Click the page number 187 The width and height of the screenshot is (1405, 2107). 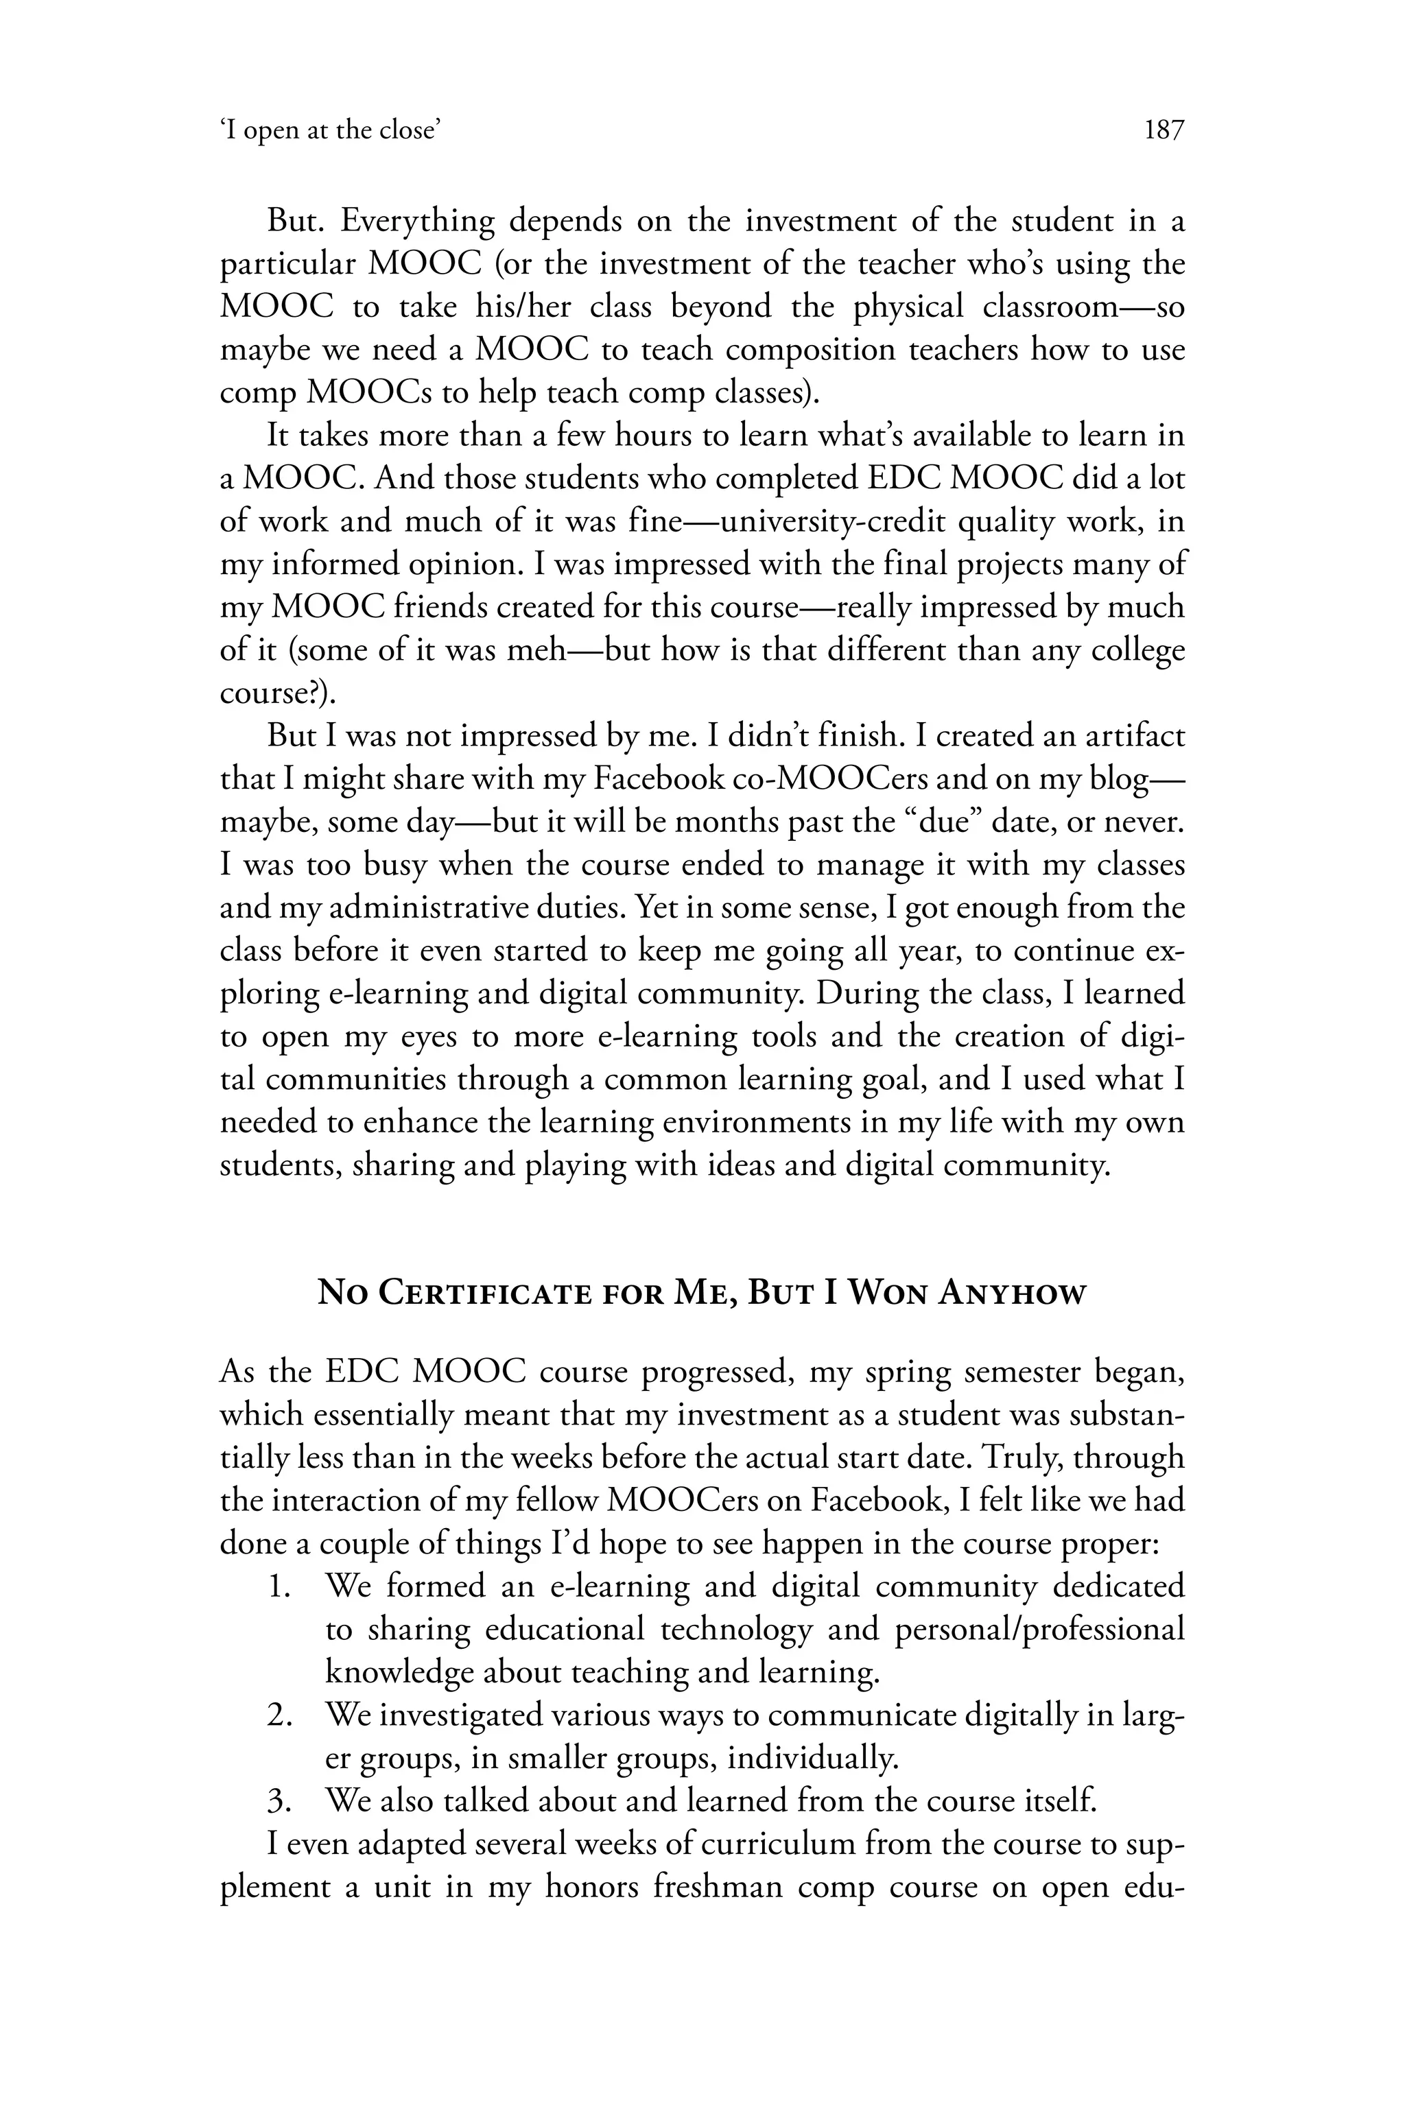pyautogui.click(x=1164, y=131)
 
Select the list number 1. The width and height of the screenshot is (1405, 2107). pyautogui.click(x=278, y=1586)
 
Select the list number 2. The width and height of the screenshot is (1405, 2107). pyautogui.click(x=278, y=1715)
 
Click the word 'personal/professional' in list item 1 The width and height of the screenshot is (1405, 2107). pyautogui.click(x=1039, y=1630)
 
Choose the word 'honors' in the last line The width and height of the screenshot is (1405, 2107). pyautogui.click(x=591, y=1888)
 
